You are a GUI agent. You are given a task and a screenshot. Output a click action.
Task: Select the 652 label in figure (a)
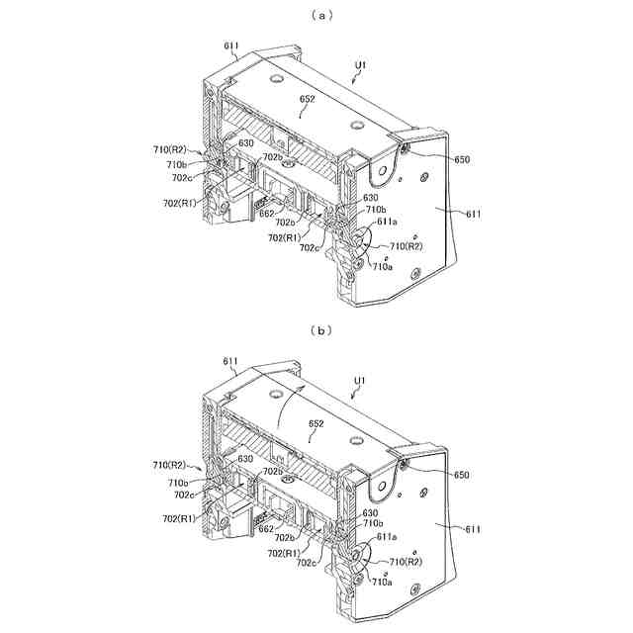307,100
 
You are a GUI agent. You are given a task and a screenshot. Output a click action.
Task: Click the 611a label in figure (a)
389,224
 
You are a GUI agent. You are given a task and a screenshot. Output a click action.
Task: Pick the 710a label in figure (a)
382,265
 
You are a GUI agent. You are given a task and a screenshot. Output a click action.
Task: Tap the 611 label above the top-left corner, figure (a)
230,45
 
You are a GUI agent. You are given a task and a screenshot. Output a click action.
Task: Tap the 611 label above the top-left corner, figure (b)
230,362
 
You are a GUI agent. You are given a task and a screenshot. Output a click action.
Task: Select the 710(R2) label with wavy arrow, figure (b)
170,464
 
